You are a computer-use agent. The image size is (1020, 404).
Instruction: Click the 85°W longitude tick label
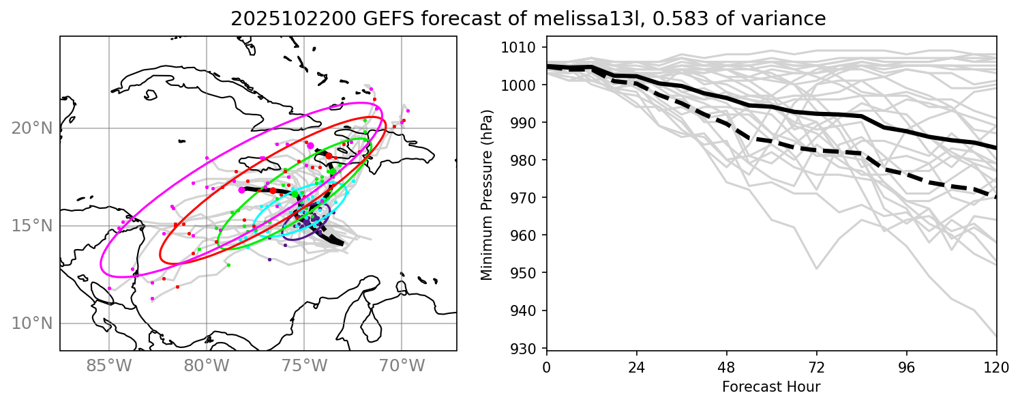tap(108, 366)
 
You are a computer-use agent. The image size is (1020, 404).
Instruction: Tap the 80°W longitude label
tap(206, 366)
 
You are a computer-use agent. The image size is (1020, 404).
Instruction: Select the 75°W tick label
tap(303, 366)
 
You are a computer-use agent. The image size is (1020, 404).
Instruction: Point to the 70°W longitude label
tap(401, 366)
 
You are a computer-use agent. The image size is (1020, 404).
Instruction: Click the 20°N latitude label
tap(31, 128)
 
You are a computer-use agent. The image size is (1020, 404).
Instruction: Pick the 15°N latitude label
tap(31, 226)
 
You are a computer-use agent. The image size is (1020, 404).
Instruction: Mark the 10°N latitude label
tap(31, 323)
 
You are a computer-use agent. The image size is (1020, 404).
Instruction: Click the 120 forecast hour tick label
tap(996, 366)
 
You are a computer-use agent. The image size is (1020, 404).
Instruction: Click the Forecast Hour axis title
tap(771, 387)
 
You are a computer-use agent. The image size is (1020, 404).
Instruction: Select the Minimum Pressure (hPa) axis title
tap(486, 199)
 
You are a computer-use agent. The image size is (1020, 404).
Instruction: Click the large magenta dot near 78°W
tap(242, 190)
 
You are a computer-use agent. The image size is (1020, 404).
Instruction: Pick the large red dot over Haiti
tap(329, 156)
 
